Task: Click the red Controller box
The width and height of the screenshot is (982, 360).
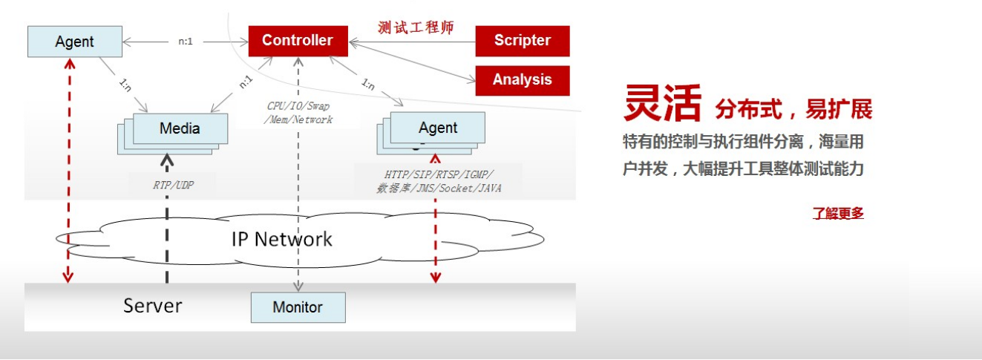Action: click(298, 41)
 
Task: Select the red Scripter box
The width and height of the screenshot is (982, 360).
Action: click(522, 41)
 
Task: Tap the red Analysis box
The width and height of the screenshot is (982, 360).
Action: click(522, 80)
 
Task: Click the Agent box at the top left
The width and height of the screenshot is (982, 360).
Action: click(74, 42)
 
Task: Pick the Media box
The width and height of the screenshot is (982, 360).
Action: click(180, 128)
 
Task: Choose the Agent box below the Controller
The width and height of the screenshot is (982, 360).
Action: click(437, 128)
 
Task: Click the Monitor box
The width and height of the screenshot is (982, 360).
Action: click(298, 307)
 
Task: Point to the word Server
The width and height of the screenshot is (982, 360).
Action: click(152, 305)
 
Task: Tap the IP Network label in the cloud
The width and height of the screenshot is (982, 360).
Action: click(282, 239)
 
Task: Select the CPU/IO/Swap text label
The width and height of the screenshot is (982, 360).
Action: click(298, 106)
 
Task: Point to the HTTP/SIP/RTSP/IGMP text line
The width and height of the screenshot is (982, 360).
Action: click(439, 174)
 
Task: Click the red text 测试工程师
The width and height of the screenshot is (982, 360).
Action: click(415, 27)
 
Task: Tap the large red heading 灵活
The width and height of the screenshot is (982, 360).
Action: click(662, 103)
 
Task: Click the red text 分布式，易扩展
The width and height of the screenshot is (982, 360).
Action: click(793, 109)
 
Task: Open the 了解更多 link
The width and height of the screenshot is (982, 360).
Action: click(838, 214)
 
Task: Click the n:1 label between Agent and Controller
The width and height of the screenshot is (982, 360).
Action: click(185, 42)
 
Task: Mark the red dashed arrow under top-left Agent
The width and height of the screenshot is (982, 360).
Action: click(68, 171)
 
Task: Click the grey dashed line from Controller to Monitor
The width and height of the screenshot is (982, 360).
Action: click(298, 200)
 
